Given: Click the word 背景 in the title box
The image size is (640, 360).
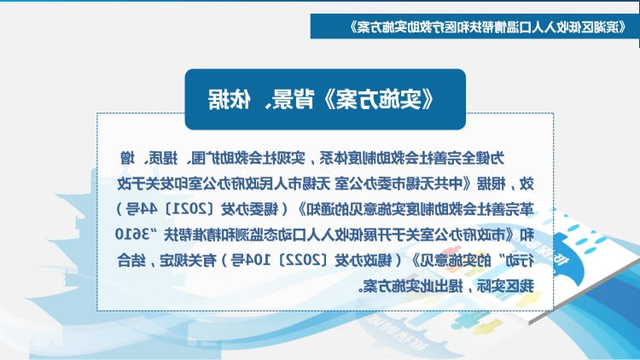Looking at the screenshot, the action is coord(290,99).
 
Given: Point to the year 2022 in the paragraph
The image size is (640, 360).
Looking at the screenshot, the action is coord(303,260).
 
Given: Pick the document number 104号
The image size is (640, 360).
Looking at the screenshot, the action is coord(247,260).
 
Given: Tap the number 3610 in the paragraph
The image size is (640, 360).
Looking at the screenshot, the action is coord(131,235).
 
